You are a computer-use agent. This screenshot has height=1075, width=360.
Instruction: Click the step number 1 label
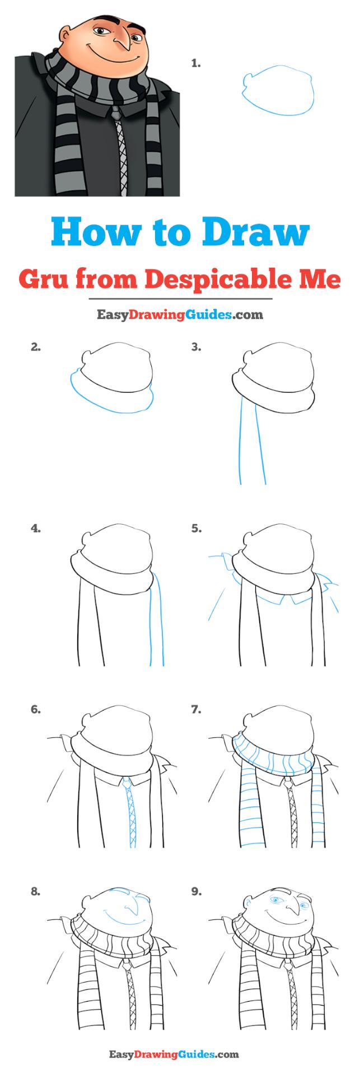tap(195, 64)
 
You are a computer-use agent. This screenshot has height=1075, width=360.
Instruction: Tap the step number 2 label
tap(36, 347)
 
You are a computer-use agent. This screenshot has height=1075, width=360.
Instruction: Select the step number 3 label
tap(195, 347)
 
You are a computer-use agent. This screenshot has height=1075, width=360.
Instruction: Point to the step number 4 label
tap(36, 528)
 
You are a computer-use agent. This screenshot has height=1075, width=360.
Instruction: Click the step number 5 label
tap(195, 528)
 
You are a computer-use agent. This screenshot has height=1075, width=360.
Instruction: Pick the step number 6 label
tap(36, 709)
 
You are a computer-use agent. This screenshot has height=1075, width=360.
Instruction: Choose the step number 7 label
tap(195, 709)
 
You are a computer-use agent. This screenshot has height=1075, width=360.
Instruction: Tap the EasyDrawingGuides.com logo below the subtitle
tap(180, 315)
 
